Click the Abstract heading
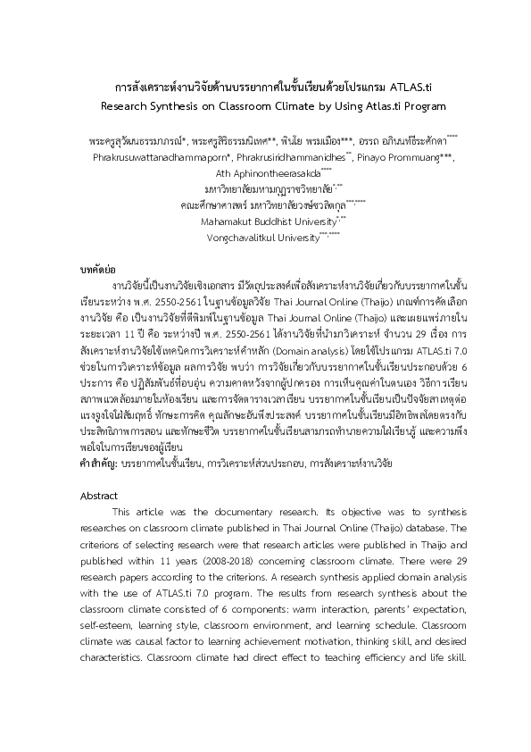pyautogui.click(x=98, y=494)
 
